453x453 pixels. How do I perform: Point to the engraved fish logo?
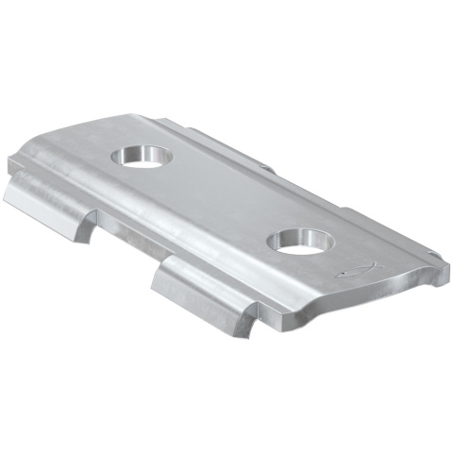(360, 271)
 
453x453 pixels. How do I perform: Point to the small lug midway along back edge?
(267, 171)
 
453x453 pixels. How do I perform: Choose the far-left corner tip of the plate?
(11, 162)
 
